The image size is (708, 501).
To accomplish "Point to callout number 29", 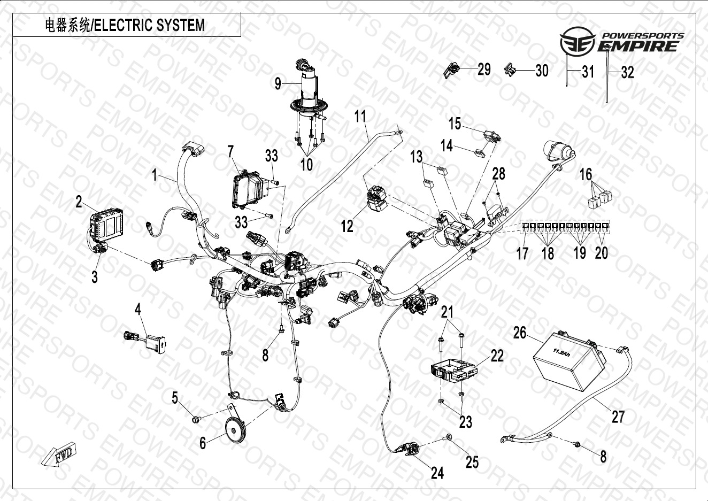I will pyautogui.click(x=484, y=69).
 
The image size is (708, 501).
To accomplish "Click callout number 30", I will pyautogui.click(x=542, y=70).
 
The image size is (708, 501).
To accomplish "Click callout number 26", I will pyautogui.click(x=520, y=333).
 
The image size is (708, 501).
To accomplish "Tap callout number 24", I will pyautogui.click(x=437, y=473).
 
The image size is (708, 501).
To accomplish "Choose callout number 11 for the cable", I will pyautogui.click(x=360, y=116).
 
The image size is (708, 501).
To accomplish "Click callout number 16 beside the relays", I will pyautogui.click(x=586, y=174).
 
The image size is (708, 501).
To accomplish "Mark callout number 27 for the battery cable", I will pyautogui.click(x=618, y=416).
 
